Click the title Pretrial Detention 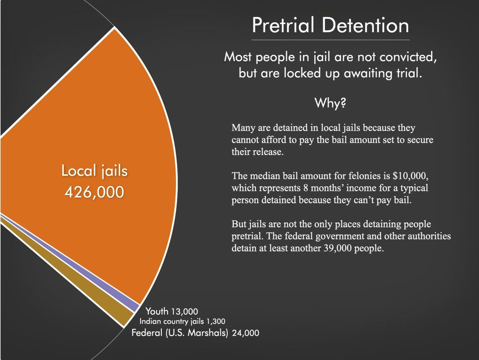click(x=331, y=26)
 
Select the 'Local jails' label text click(x=94, y=171)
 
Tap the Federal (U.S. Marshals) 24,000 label click(x=195, y=332)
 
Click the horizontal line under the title click(x=331, y=40)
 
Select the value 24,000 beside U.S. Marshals click(x=245, y=332)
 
